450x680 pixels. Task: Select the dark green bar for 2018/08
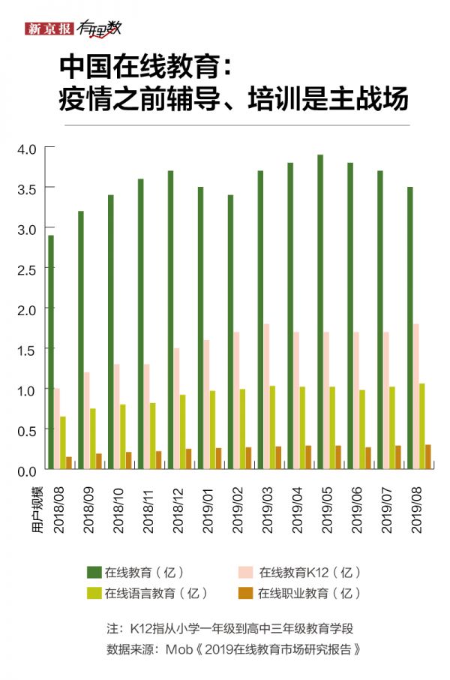click(50, 353)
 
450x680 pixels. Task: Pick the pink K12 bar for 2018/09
click(87, 420)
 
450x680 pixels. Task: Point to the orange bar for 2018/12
click(189, 459)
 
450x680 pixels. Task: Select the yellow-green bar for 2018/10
click(123, 437)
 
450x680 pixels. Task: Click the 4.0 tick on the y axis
click(26, 148)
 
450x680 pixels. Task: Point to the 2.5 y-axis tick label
click(26, 269)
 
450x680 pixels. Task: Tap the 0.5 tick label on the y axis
click(26, 430)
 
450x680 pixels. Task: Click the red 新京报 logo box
click(49, 29)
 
